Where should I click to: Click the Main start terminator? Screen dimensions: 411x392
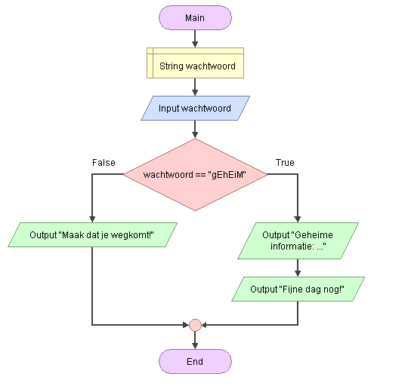195,18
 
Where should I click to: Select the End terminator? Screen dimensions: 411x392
195,361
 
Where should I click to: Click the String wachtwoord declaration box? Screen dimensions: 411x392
195,63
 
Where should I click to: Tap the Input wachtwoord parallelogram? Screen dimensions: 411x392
195,109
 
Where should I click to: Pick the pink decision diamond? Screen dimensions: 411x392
195,175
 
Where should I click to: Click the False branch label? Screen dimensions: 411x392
104,163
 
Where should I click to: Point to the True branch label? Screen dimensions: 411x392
285,163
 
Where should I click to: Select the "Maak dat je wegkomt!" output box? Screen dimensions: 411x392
92,235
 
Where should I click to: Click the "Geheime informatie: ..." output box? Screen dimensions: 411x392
298,240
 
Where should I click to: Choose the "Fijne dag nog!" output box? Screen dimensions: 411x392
298,289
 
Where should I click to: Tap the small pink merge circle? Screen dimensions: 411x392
195,325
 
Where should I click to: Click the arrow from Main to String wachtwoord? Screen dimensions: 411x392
195,38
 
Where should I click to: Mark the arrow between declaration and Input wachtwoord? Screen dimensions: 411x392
195,87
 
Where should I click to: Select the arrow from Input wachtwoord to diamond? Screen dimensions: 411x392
195,130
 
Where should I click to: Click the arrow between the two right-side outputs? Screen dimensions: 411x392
298,268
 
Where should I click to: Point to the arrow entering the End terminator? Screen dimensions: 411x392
195,340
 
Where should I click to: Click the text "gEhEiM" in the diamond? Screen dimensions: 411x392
229,175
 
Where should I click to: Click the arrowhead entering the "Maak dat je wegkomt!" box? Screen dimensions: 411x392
92,219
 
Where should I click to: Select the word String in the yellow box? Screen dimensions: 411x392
172,66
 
